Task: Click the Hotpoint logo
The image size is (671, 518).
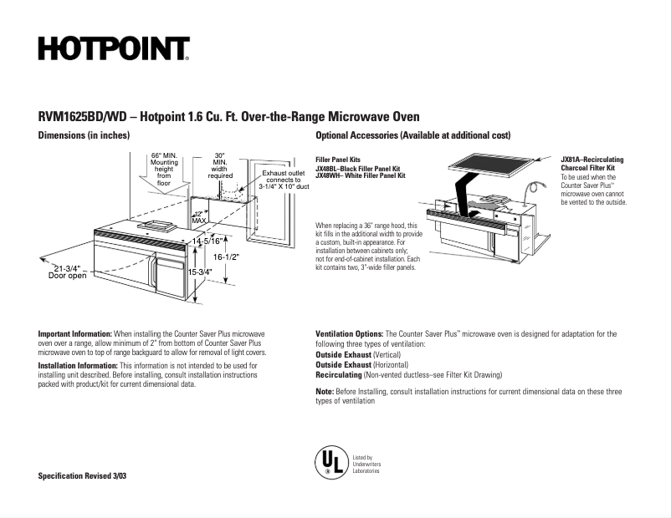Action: coord(114,49)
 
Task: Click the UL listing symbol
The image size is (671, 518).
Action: coord(330,462)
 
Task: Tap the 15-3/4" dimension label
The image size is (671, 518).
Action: coord(203,272)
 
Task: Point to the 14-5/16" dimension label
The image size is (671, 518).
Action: coord(207,241)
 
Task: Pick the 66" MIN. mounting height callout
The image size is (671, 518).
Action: coord(164,169)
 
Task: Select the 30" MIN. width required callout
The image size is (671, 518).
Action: coord(220,165)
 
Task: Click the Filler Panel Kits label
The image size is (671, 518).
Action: coord(338,159)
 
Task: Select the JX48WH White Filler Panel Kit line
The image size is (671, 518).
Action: coord(360,176)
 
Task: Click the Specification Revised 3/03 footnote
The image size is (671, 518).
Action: coord(84,475)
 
